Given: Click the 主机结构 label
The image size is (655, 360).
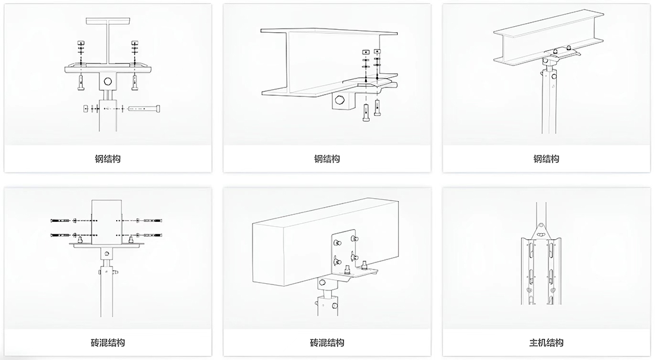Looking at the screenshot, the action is (x=546, y=343).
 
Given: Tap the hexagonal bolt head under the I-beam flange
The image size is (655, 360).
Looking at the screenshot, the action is (x=339, y=101).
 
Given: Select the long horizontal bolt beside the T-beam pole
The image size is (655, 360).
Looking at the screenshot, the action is (x=144, y=108).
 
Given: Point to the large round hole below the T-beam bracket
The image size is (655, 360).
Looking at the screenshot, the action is (x=108, y=82).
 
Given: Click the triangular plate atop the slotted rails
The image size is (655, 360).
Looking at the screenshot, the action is (x=541, y=230).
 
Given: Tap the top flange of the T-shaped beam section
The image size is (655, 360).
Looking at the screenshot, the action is (x=108, y=20).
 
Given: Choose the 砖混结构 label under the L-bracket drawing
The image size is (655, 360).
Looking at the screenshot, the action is (x=327, y=343).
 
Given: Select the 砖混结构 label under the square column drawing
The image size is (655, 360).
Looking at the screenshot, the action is (x=108, y=343).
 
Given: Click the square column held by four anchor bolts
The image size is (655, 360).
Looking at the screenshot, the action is (x=107, y=220).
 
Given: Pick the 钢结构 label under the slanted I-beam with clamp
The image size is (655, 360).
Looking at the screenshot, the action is (x=546, y=159).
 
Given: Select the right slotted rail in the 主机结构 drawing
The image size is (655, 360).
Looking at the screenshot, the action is (x=553, y=271).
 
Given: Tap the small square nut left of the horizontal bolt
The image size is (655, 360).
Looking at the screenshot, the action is (x=85, y=108).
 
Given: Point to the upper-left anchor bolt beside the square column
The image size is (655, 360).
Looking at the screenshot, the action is (x=62, y=221).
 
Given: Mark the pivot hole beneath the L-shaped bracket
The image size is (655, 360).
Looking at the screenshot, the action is (x=323, y=283).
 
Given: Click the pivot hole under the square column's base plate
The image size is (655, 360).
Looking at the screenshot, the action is (x=107, y=253).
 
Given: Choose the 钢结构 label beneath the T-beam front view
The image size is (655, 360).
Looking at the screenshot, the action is (x=108, y=159).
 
